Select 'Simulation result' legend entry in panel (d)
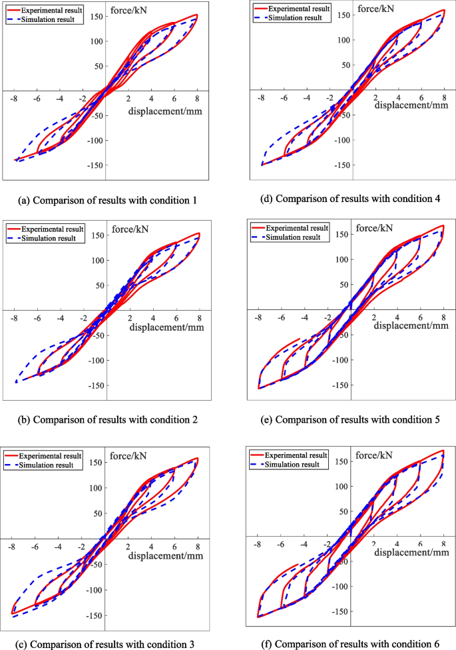point(298,18)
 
